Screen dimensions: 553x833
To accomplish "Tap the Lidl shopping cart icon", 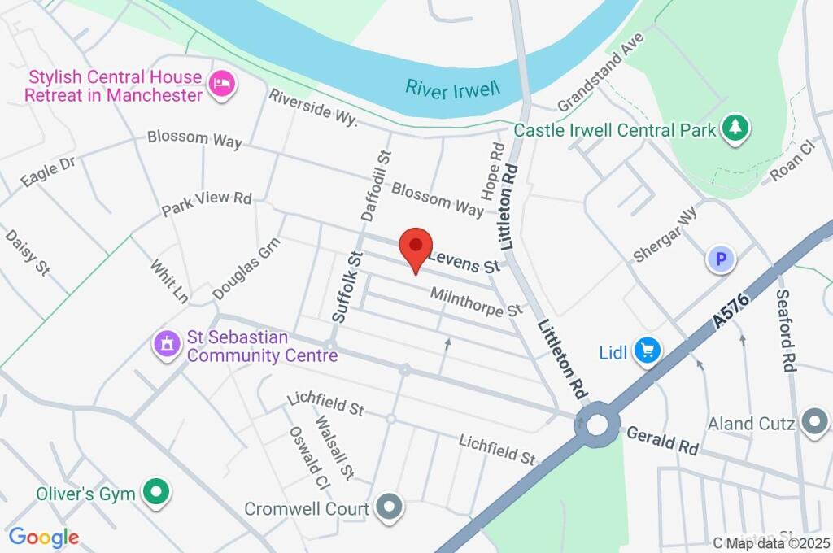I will tap(648, 351).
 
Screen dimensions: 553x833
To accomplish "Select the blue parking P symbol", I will tap(720, 260).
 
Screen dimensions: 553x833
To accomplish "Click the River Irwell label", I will tap(452, 89).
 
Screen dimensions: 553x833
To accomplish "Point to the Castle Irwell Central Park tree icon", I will tap(737, 128).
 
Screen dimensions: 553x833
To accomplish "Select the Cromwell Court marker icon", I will tap(391, 507).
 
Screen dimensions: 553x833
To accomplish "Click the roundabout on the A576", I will tap(598, 424).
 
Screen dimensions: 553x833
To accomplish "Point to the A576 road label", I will tap(731, 309).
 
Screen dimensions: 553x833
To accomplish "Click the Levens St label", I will tap(464, 261).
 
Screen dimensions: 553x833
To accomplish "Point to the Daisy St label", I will tap(27, 251).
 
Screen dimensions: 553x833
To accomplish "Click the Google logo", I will tap(43, 537).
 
